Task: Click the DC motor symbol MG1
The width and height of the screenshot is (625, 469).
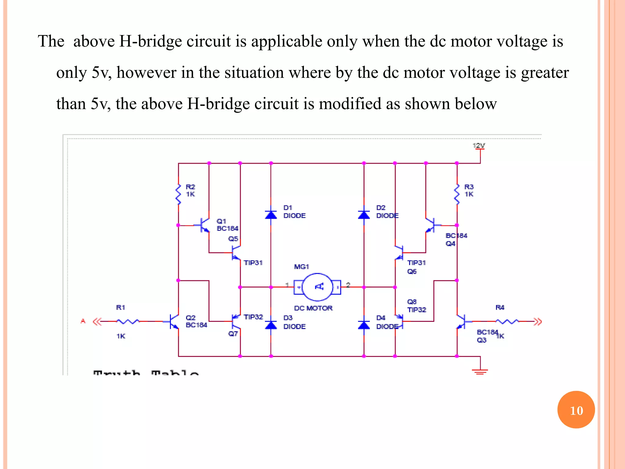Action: (317, 287)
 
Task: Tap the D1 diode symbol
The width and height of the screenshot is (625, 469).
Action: (271, 215)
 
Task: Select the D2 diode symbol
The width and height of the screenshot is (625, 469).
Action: (364, 215)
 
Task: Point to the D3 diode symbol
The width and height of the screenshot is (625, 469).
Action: (271, 325)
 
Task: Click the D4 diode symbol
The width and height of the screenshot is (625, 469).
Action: (364, 325)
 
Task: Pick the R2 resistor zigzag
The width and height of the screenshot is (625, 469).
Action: (179, 194)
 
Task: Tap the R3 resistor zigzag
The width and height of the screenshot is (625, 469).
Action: (457, 194)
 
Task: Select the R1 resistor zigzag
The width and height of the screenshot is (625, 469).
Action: (128, 321)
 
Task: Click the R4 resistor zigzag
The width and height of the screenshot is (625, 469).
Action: (507, 321)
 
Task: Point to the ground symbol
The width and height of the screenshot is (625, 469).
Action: (480, 371)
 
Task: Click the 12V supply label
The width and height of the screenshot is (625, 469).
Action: (479, 145)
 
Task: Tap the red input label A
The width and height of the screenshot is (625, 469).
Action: (83, 321)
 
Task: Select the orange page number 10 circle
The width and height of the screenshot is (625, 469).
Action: (576, 410)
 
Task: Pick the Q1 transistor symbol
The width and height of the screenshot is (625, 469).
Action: (204, 225)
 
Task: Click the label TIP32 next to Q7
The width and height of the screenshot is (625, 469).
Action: (253, 317)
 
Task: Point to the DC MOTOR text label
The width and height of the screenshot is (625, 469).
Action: (313, 308)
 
